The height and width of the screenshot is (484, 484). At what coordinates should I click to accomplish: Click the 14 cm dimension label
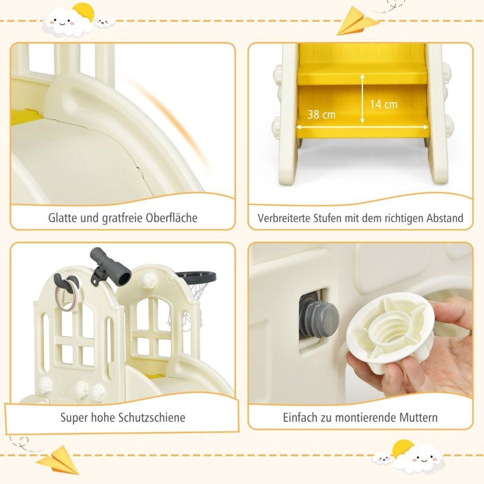click(383, 104)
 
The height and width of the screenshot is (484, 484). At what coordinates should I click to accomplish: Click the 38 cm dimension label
click(321, 114)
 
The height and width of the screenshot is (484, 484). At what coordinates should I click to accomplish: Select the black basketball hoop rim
click(196, 277)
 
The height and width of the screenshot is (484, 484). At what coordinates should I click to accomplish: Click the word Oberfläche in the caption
click(171, 217)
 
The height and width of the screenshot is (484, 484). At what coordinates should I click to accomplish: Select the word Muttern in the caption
click(418, 417)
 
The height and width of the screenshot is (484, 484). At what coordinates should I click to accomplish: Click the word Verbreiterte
click(284, 218)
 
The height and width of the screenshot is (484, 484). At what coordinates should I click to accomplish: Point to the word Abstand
click(445, 218)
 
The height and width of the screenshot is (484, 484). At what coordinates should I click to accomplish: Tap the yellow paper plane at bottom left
click(57, 459)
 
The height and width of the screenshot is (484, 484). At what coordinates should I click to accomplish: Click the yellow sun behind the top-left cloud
click(84, 12)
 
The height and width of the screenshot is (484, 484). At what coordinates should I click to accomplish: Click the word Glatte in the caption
click(63, 217)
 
